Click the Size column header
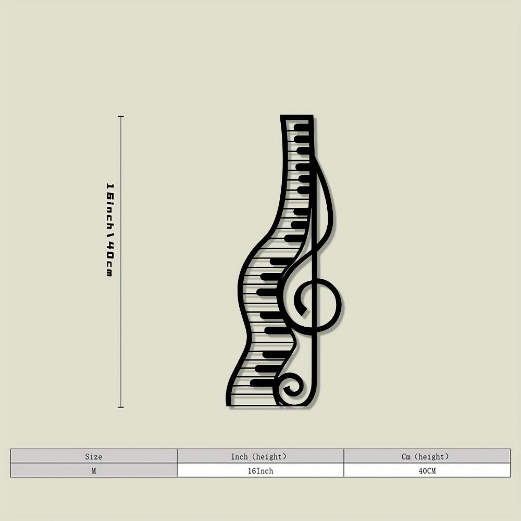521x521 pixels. (x=94, y=456)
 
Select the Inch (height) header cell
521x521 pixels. (x=260, y=456)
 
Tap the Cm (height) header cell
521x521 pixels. (x=427, y=456)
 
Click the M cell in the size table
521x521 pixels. (x=94, y=470)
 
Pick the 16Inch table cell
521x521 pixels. (x=260, y=470)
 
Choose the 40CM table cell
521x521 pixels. (x=427, y=470)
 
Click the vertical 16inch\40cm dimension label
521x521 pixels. (x=109, y=230)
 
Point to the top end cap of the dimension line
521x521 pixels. (x=121, y=116)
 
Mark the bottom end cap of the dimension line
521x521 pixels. (x=121, y=407)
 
